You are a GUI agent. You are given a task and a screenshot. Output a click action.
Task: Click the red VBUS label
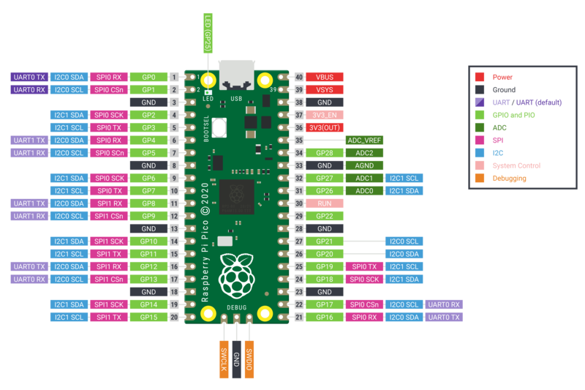(x=325, y=77)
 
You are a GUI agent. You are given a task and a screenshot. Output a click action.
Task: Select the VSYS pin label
(x=325, y=89)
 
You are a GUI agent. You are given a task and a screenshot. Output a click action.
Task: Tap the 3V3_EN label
(x=325, y=115)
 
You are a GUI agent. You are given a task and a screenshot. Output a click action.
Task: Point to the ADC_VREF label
(x=365, y=140)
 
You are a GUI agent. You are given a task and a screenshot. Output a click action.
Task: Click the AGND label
(x=365, y=165)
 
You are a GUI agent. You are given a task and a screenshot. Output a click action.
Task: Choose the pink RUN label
(x=325, y=203)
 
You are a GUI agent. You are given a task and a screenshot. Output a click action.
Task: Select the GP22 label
(x=325, y=216)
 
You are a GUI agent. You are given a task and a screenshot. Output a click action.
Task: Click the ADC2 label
(x=365, y=153)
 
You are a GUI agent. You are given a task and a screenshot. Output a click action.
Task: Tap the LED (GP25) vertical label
(x=208, y=33)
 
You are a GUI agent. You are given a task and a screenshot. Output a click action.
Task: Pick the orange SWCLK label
(x=224, y=359)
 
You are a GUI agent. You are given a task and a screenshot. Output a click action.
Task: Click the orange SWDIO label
(x=249, y=359)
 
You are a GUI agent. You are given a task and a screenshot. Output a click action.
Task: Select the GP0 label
(x=149, y=77)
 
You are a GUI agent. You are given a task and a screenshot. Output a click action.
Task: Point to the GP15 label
(x=149, y=317)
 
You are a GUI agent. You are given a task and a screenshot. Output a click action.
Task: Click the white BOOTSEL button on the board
(x=219, y=127)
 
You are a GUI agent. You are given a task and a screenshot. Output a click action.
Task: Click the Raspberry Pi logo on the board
(x=236, y=275)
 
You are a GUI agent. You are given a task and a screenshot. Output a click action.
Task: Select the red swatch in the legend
(x=480, y=76)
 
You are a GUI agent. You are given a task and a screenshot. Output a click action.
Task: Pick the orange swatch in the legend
(x=480, y=177)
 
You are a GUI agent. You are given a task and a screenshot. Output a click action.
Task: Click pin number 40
(x=298, y=77)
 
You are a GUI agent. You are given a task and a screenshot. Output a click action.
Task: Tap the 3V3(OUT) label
(x=325, y=127)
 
